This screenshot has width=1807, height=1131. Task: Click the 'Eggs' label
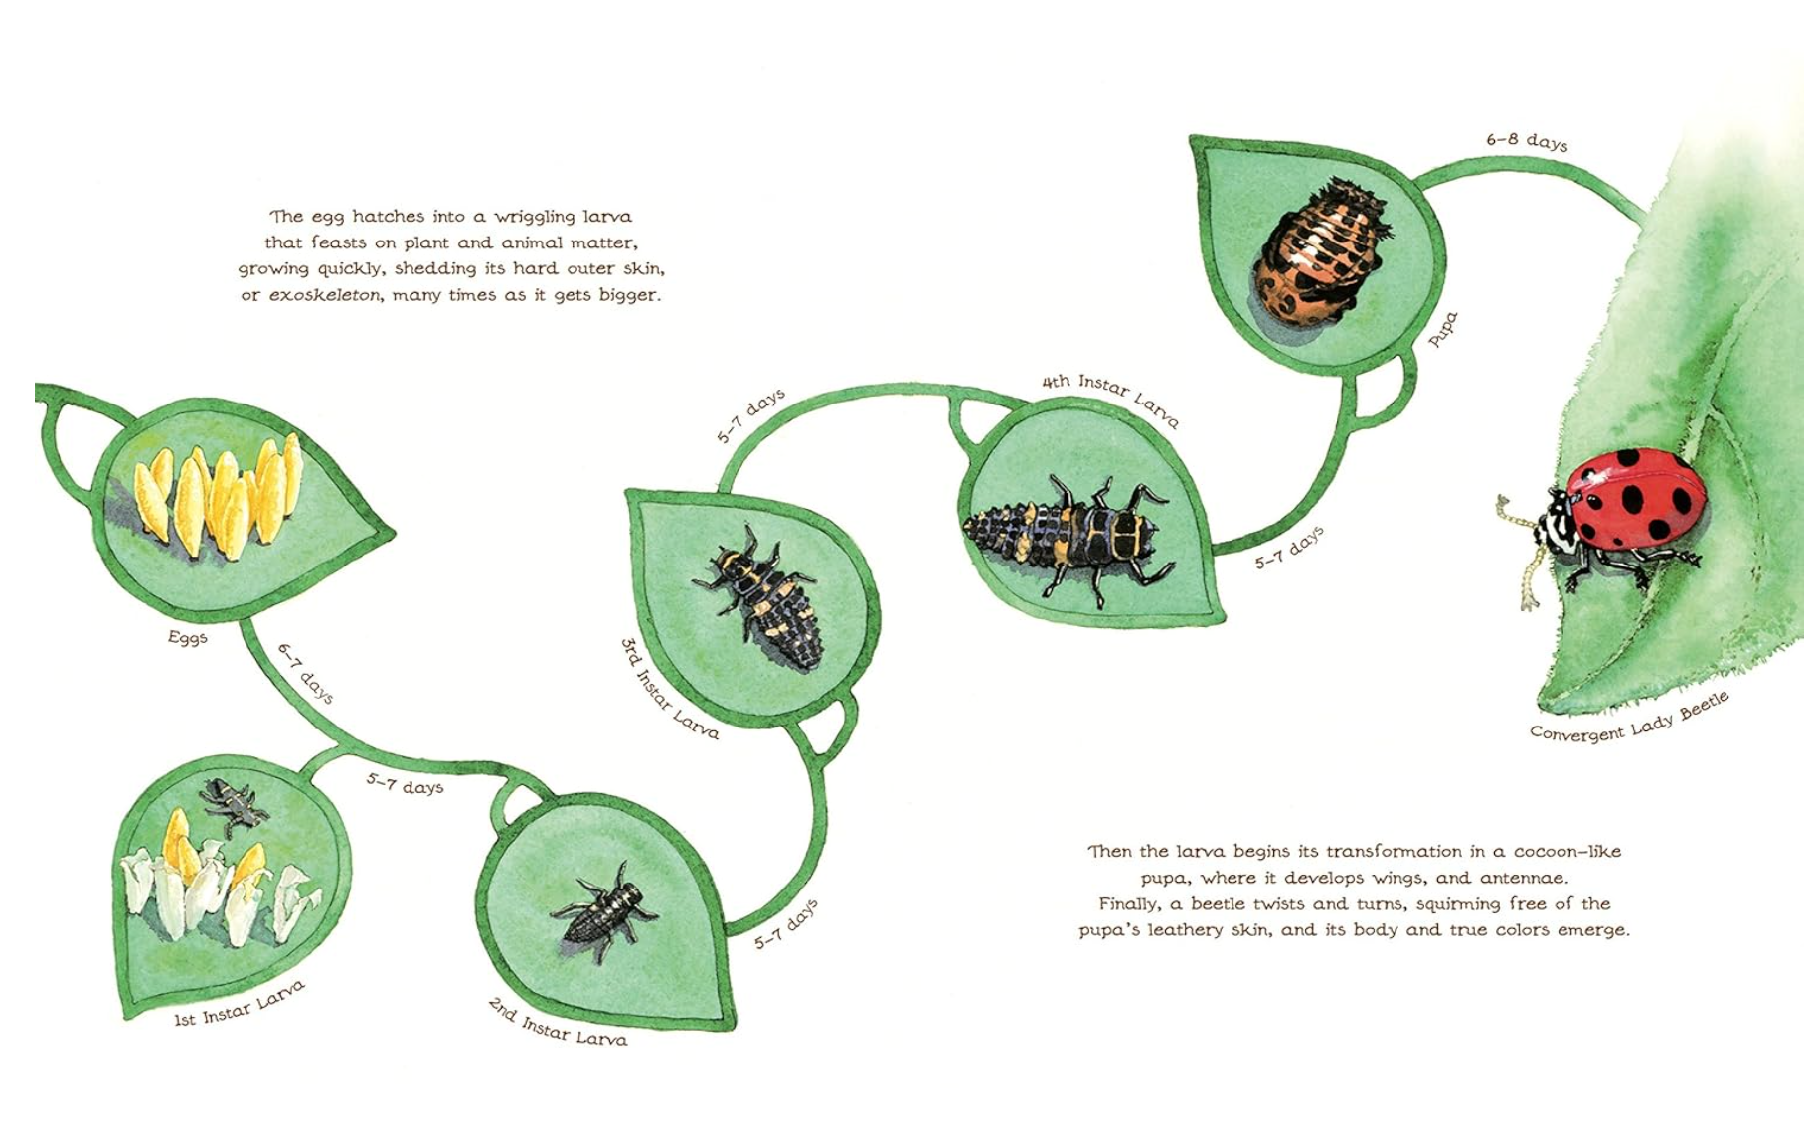pyautogui.click(x=187, y=637)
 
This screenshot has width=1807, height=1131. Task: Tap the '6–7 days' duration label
pyautogui.click(x=305, y=673)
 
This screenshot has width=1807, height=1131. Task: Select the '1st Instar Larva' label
pyautogui.click(x=240, y=1005)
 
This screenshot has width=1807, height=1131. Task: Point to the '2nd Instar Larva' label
pyautogui.click(x=558, y=1023)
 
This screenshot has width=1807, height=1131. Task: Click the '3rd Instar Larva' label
pyautogui.click(x=669, y=689)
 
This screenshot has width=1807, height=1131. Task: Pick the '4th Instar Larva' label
pyautogui.click(x=1111, y=400)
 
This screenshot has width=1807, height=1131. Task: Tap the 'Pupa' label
pyautogui.click(x=1443, y=329)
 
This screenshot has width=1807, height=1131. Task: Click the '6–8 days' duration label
pyautogui.click(x=1527, y=141)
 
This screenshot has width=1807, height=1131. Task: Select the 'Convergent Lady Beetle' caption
pyautogui.click(x=1629, y=718)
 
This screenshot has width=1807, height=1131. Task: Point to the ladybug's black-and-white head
pyautogui.click(x=1553, y=522)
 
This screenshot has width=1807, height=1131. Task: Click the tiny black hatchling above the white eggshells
pyautogui.click(x=234, y=805)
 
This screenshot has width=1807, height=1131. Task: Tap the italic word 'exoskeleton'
pyautogui.click(x=324, y=295)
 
